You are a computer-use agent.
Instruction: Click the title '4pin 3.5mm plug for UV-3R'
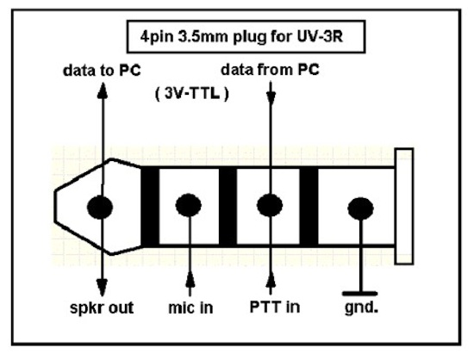point(241,37)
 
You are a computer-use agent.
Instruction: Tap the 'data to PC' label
point(102,71)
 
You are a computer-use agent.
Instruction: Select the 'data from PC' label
point(270,70)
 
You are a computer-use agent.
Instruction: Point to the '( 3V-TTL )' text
point(192,94)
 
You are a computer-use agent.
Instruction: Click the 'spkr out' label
point(102,307)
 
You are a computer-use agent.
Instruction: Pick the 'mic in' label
point(190,307)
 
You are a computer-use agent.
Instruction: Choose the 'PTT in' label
point(275,307)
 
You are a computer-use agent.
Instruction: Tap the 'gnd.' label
point(362,308)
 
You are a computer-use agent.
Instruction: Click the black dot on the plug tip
point(100,207)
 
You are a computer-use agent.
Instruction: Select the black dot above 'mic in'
point(189,205)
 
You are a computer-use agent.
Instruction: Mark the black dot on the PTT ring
point(270,205)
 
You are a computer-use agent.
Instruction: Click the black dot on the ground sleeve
point(360,208)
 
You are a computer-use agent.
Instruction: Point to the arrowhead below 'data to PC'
point(103,90)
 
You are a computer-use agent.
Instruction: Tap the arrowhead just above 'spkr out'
point(102,287)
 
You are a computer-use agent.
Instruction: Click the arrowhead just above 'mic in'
point(190,279)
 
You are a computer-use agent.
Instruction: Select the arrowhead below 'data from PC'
point(271,97)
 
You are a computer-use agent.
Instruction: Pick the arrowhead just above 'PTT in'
point(271,279)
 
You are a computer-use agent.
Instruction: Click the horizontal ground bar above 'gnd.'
point(360,294)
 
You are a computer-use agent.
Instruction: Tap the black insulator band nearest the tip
point(150,207)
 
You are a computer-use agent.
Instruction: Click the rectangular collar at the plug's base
point(404,207)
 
